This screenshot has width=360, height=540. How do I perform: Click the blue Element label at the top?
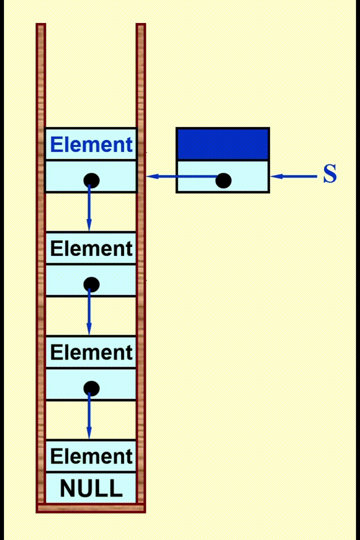pyautogui.click(x=91, y=145)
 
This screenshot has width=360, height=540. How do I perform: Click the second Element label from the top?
pyautogui.click(x=91, y=249)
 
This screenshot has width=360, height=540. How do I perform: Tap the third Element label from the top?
pyautogui.click(x=91, y=353)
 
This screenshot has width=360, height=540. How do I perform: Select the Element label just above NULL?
pyautogui.click(x=91, y=456)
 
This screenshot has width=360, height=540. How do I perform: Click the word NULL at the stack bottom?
pyautogui.click(x=91, y=488)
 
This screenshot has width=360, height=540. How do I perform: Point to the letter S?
pyautogui.click(x=330, y=175)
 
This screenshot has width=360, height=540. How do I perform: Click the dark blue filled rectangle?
pyautogui.click(x=223, y=144)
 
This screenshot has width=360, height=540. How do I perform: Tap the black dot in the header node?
pyautogui.click(x=223, y=180)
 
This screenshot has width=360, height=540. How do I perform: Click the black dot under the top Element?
pyautogui.click(x=91, y=180)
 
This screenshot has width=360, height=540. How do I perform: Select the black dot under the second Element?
pyautogui.click(x=91, y=284)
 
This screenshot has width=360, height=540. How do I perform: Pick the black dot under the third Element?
pyautogui.click(x=91, y=388)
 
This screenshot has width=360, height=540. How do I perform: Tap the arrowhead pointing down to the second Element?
pyautogui.click(x=89, y=225)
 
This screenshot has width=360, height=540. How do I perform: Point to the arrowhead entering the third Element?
pyautogui.click(x=89, y=329)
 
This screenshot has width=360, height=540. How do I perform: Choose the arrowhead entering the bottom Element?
pyautogui.click(x=89, y=433)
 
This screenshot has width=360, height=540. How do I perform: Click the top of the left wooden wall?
pyautogui.click(x=40, y=27)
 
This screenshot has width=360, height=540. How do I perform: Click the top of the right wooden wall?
pyautogui.click(x=141, y=27)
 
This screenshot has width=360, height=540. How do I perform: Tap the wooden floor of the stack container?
pyautogui.click(x=91, y=508)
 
